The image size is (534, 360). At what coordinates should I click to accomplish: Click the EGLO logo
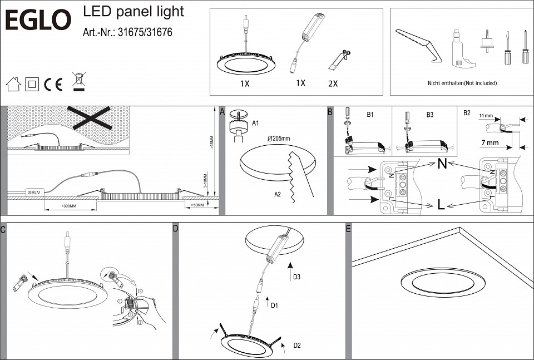click(x=38, y=21)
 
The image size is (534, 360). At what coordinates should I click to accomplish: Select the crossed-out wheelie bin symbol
click(x=78, y=82)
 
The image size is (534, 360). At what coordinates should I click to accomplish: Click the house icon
click(x=13, y=85)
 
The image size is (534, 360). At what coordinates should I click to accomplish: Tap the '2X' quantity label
click(x=333, y=84)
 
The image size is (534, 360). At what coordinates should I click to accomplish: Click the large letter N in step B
click(x=442, y=164)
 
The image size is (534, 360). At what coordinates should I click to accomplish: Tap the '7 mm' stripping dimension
click(x=489, y=143)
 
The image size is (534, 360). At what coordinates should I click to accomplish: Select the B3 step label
click(x=429, y=115)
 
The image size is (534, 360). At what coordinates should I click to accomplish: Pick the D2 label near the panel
click(x=296, y=346)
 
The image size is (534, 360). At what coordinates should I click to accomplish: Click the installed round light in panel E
click(x=443, y=282)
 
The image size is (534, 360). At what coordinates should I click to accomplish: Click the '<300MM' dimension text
click(x=69, y=206)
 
